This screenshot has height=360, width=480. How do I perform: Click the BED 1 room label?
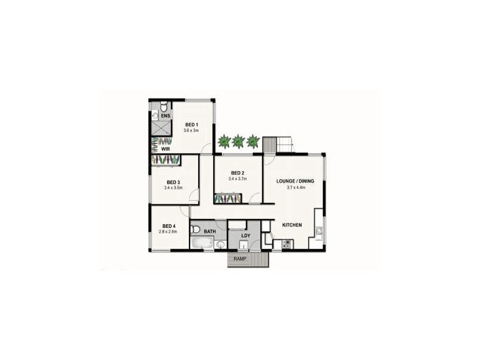(191, 124)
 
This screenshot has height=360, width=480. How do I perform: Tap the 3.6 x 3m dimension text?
(191, 130)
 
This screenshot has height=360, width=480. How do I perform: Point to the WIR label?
(165, 149)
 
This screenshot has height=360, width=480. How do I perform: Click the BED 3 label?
(173, 182)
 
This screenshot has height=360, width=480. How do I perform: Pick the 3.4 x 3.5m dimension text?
(173, 188)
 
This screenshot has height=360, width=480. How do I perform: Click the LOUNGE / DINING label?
(295, 181)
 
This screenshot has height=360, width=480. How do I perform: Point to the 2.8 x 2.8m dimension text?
(169, 232)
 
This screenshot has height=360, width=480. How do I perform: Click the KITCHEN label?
(292, 225)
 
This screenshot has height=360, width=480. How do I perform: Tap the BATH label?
(210, 230)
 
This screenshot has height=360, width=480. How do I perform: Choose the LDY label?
(245, 235)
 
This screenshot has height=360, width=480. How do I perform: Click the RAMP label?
(241, 259)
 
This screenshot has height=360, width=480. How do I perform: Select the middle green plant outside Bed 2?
(238, 142)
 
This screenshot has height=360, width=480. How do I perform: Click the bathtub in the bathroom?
(202, 244)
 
